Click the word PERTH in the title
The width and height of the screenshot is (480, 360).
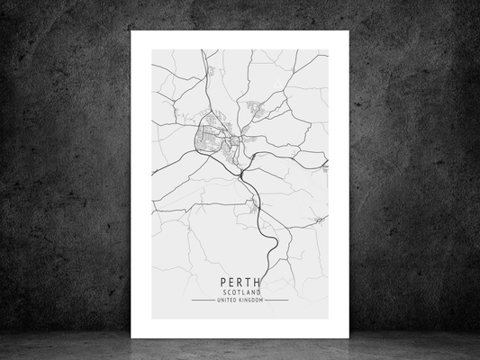point(240,282)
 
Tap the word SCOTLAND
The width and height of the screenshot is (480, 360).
point(240,292)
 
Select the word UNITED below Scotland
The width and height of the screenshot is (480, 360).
point(227,301)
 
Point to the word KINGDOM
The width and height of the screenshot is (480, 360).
point(250,301)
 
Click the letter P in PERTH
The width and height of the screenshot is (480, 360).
point(222,282)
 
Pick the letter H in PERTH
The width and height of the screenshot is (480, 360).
point(258,282)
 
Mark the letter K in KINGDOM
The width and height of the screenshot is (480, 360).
point(240,301)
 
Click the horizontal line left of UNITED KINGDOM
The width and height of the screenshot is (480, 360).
point(203,301)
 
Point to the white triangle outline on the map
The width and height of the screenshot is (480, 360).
point(319,219)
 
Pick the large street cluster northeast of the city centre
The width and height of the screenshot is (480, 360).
point(256,110)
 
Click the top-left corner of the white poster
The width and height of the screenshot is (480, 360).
point(131,31)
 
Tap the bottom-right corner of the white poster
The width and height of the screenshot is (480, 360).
point(347,337)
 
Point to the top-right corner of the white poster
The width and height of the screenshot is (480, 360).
point(347,31)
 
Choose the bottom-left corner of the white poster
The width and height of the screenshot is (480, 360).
point(131,337)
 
